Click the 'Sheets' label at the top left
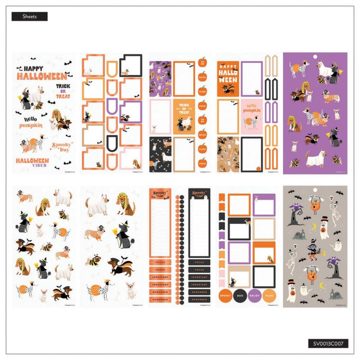[x=29, y=16]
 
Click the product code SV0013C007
[x=329, y=343]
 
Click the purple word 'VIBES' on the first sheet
[x=39, y=166]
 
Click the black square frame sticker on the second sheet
[x=131, y=66]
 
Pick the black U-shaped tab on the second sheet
[x=112, y=140]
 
